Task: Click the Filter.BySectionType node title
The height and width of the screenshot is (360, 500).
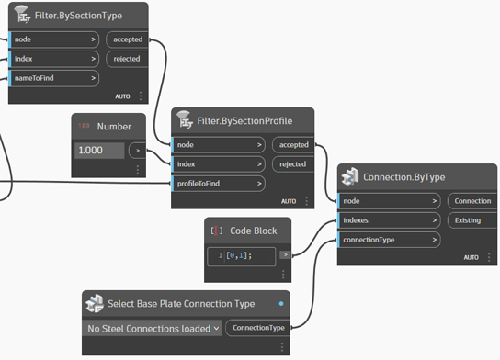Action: pos(82,16)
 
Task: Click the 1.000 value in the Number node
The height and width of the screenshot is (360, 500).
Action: pos(99,150)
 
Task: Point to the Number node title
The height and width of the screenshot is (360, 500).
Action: pos(115,126)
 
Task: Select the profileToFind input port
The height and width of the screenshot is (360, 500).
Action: pos(218,184)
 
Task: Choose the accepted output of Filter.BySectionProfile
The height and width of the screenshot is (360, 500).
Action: pos(292,144)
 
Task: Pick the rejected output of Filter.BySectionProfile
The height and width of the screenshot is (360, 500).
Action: pos(292,164)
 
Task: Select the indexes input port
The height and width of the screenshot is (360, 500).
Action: pos(387,220)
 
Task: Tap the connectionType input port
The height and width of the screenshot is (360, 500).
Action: pos(387,240)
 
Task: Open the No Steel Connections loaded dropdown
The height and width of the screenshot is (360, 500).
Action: pos(153,328)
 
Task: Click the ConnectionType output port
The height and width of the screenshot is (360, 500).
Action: pos(257,328)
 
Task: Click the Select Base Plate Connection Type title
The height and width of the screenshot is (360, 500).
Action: pos(188,304)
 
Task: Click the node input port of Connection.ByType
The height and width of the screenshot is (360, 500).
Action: pos(387,200)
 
